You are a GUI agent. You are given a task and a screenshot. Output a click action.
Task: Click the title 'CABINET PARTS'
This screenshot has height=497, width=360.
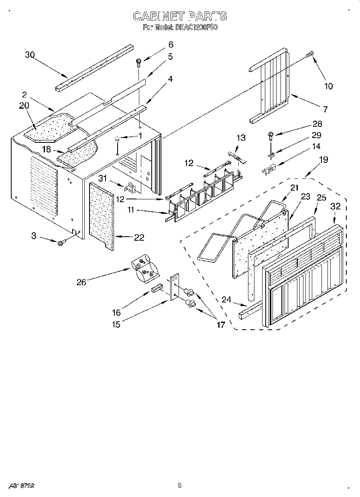[x=180, y=16]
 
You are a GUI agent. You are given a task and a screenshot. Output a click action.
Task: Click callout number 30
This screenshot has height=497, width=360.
[x=30, y=55]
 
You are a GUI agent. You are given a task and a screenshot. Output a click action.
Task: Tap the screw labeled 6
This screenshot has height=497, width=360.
[x=138, y=62]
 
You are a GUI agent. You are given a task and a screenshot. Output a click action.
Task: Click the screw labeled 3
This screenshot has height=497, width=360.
[x=61, y=242]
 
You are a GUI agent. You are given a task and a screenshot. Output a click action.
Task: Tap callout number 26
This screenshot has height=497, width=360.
[x=81, y=282]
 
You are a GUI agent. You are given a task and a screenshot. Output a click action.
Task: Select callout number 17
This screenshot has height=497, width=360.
[x=221, y=325]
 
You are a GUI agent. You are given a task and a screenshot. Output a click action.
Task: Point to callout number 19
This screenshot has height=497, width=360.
[x=323, y=160]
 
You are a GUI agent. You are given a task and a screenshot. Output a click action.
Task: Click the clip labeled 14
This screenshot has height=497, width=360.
[x=268, y=170]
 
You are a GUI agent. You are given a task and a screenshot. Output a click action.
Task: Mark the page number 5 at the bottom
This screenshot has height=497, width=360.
[x=180, y=485]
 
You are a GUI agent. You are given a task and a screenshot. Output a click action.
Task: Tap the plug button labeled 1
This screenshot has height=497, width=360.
[x=117, y=140]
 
